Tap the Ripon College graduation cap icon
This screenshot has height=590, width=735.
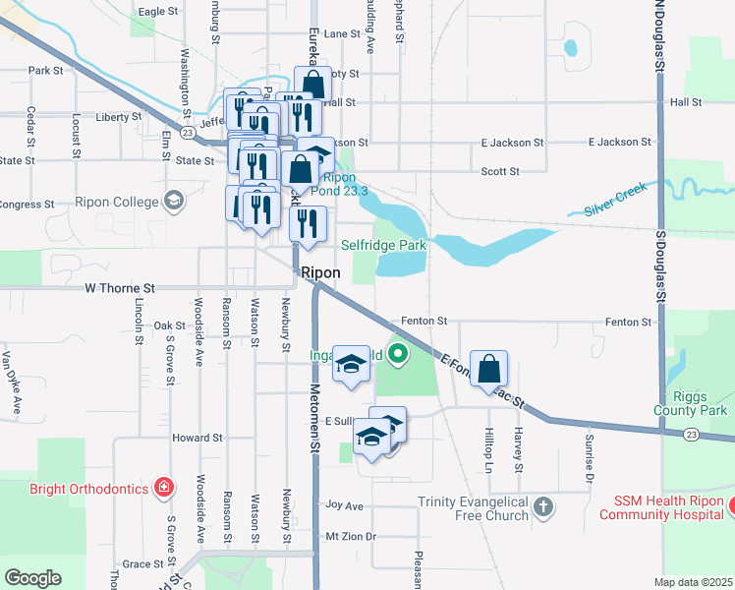[175, 201]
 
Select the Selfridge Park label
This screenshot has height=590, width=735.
[383, 244]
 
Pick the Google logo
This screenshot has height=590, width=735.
[33, 577]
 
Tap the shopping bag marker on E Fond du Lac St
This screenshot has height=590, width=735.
[488, 370]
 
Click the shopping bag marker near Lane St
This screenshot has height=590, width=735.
[313, 85]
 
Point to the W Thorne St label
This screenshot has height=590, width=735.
[120, 288]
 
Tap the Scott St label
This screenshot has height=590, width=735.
[500, 171]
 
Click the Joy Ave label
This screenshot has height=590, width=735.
[345, 506]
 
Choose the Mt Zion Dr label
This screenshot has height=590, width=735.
[352, 537]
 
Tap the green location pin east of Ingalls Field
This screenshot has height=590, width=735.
[398, 353]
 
